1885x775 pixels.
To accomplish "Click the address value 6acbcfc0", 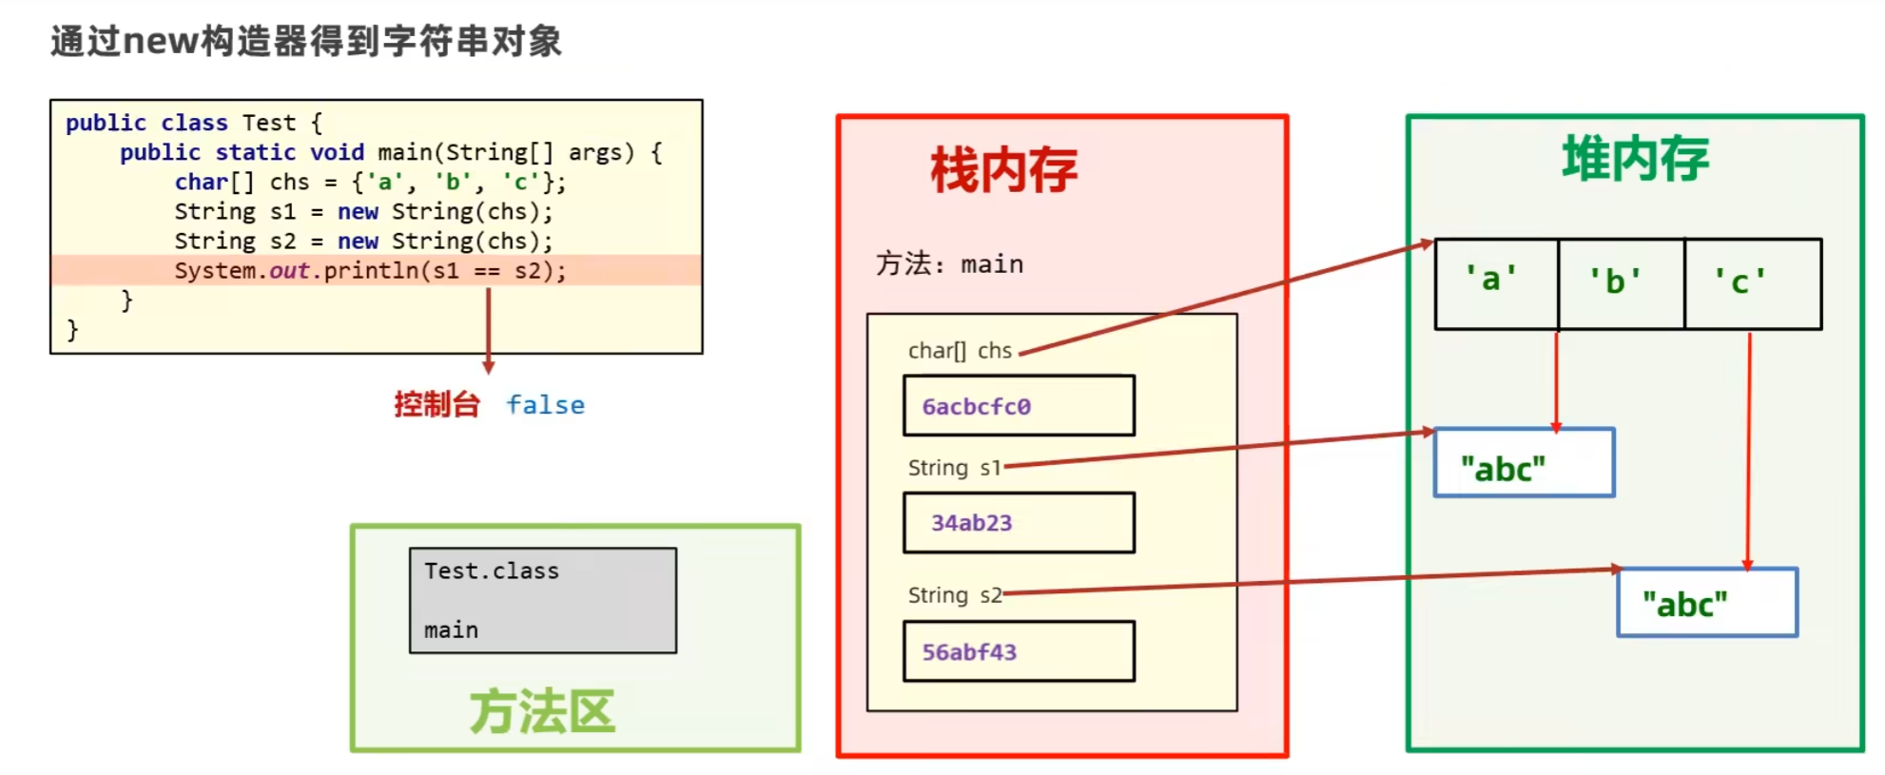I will (977, 407).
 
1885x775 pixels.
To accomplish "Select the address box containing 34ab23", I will (1018, 523).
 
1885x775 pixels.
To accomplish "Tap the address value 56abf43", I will (969, 652).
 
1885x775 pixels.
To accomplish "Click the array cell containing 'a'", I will (1495, 283).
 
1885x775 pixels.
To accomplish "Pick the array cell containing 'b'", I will (1620, 283).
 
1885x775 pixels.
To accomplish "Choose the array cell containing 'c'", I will (1751, 283).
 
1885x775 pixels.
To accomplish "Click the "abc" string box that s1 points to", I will (1523, 463).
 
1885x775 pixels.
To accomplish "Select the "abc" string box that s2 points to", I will (1706, 603).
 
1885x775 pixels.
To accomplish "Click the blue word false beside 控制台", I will (545, 405).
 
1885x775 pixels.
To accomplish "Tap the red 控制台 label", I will (437, 405).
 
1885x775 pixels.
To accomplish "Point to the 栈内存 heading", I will (1003, 171).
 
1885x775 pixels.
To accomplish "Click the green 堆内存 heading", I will (1635, 159).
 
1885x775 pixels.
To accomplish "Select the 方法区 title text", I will (542, 712).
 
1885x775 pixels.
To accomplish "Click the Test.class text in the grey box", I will (492, 572).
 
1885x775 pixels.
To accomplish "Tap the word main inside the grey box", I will (451, 630).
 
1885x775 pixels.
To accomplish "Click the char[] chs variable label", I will (960, 351).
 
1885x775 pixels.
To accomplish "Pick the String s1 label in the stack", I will (954, 468).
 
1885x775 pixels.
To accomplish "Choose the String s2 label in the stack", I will (954, 595).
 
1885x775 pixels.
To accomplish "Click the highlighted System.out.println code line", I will (370, 271).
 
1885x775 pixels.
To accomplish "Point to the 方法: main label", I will (949, 264).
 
